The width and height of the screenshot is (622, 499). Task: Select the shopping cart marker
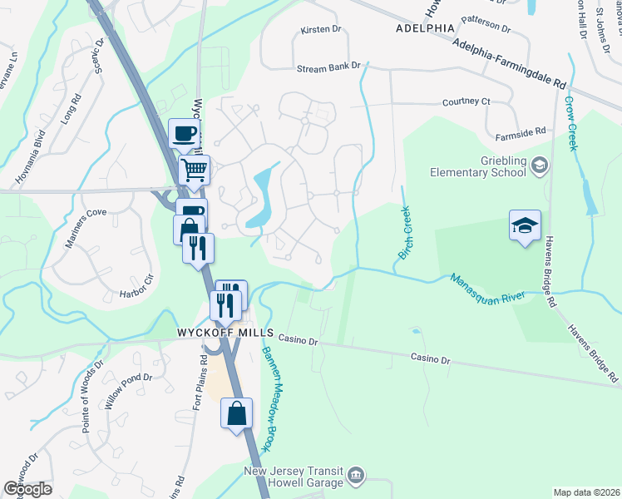[194, 171]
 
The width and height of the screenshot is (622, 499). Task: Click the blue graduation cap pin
[525, 225]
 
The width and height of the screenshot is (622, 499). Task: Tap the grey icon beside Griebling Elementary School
[539, 166]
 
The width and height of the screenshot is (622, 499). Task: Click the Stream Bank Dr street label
[328, 65]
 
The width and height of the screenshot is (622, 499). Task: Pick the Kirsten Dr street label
[321, 29]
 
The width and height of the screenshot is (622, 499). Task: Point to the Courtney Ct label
[467, 101]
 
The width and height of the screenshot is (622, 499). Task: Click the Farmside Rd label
[520, 131]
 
